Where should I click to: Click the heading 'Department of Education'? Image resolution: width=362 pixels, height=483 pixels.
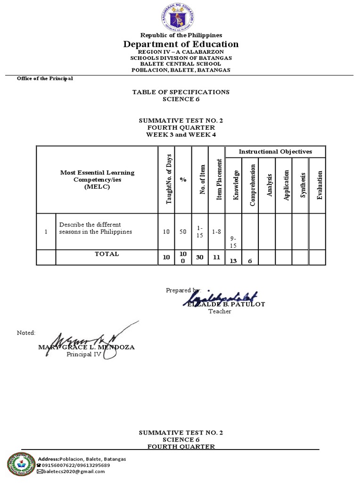pos(181,44)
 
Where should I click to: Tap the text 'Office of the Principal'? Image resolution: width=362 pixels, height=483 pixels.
pos(45,78)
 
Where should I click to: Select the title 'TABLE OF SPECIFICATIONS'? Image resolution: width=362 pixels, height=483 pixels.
pos(181,92)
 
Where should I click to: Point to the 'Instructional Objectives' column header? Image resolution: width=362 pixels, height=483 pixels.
pos(275,151)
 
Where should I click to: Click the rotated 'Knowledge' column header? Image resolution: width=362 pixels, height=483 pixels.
pos(236,184)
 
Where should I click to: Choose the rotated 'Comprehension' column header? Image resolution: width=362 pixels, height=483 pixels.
pos(252,184)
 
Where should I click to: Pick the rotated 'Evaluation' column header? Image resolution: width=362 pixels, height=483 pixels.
pos(319,184)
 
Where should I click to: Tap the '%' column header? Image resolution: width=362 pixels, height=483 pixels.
pos(183,180)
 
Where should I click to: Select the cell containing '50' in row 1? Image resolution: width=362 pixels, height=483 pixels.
pos(183,232)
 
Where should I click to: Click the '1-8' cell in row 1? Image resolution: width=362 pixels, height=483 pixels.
pos(216,232)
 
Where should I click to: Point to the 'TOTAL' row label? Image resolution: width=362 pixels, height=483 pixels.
pos(107,254)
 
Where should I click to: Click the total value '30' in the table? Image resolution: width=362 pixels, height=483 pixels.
pos(199,258)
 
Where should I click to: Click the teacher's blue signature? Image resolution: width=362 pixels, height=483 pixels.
pos(221,298)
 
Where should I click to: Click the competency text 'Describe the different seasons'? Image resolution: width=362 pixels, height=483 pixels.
pos(95,228)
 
